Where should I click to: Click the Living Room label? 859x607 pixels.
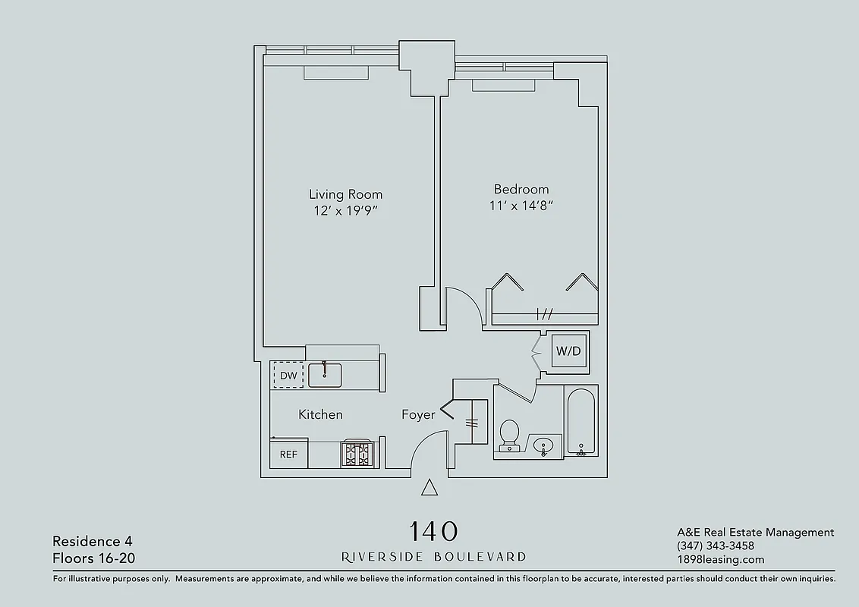(x=345, y=194)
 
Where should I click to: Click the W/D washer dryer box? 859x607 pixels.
(x=568, y=351)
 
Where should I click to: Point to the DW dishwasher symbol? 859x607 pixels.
(x=288, y=375)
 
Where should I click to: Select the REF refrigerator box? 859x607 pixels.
(x=288, y=454)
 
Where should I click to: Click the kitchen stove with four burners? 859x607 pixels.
(x=357, y=454)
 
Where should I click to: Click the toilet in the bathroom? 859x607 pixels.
(x=509, y=434)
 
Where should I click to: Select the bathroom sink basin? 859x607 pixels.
(x=543, y=445)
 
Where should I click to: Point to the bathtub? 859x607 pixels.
(x=581, y=423)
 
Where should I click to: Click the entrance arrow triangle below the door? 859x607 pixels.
(x=429, y=488)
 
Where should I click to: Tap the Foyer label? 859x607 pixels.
(x=418, y=415)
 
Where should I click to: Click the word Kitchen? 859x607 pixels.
(x=320, y=414)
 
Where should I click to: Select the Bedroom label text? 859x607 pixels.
(x=521, y=189)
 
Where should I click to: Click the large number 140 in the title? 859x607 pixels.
(x=433, y=530)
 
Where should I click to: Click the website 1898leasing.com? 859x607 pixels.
(x=720, y=560)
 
